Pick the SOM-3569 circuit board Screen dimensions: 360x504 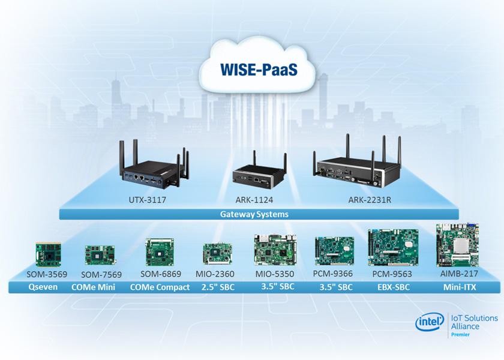tap(49, 254)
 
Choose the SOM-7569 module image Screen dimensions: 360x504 tap(96, 255)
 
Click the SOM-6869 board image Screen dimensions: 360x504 tap(160, 253)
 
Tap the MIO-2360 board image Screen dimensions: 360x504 tap(215, 254)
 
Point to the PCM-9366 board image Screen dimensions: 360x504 tap(334, 251)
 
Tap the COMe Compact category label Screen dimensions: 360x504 tap(160, 287)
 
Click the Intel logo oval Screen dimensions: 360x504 tap(430, 322)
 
